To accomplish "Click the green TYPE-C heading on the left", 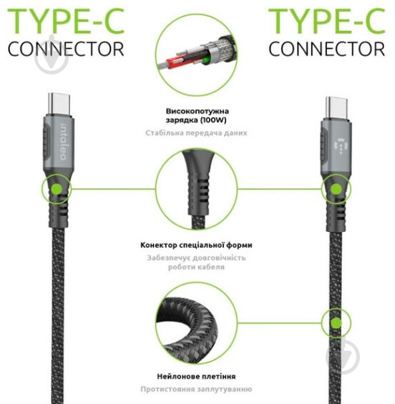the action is point(66,21).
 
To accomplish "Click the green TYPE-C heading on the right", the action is point(327,21).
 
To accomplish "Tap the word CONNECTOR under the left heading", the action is point(66,49).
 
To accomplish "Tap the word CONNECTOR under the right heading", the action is point(327,49).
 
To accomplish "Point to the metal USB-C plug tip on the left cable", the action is point(59,104).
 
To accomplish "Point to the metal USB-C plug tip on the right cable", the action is point(336,108).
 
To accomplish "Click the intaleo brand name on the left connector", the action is point(63,143).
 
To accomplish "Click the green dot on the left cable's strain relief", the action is point(57,189).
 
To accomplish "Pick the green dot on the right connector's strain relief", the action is point(336,189).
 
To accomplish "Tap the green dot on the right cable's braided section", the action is point(336,323).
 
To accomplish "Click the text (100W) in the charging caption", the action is point(213,120).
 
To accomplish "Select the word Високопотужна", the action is point(197,111).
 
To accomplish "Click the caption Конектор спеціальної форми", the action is point(196,245).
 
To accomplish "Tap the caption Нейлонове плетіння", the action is point(196,377).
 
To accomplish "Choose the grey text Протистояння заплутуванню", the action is point(196,389).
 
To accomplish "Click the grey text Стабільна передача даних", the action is point(196,133).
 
